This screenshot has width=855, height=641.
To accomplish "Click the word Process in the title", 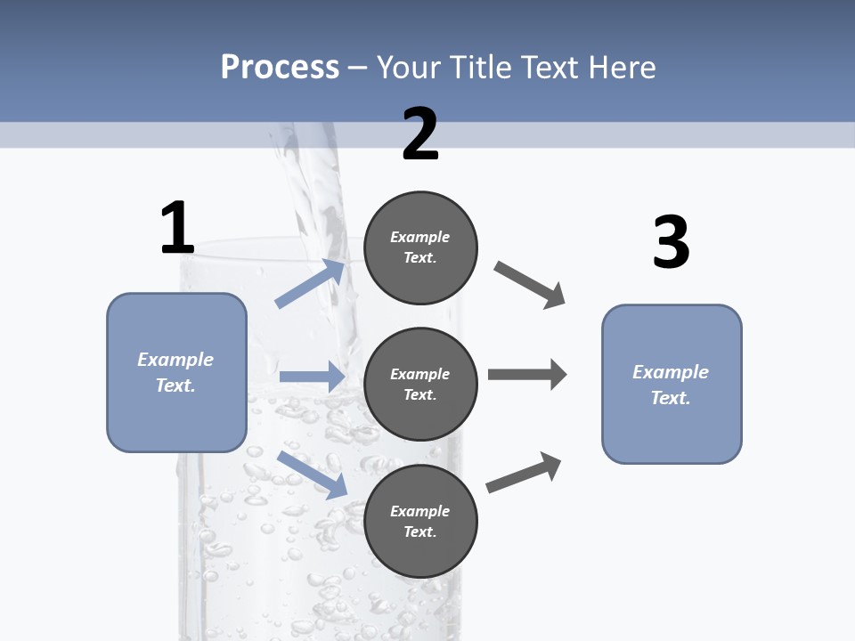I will point(280,68).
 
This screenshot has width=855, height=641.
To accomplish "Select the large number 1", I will point(177,229).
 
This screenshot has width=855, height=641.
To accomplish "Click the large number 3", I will point(671,242).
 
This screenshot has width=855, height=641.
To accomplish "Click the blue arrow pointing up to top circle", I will point(311,283).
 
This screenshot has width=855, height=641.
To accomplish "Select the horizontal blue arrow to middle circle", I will point(312,377).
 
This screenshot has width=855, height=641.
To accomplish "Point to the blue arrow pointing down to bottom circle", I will point(312,475).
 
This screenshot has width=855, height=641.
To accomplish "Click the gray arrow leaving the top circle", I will point(529,285).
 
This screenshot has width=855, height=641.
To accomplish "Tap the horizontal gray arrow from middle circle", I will point(527,375).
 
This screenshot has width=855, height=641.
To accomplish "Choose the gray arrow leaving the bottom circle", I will point(524,472).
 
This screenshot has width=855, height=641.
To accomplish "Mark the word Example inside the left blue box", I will point(175,360).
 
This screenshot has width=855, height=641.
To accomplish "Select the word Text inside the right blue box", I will point(670,398).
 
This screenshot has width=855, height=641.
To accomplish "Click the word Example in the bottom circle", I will point(419,511).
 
